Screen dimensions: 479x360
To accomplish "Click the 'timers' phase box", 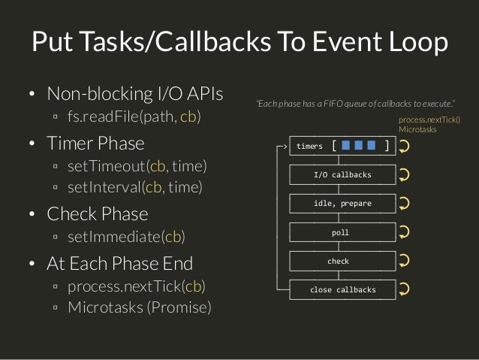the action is point(342,146).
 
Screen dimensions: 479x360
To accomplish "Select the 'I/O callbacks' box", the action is point(342,175).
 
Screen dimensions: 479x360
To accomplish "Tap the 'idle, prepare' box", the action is point(342,204).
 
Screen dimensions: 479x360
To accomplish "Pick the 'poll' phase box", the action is point(342,232).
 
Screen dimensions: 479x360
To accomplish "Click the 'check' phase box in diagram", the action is point(342,261).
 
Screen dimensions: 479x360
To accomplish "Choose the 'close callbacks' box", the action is point(342,289).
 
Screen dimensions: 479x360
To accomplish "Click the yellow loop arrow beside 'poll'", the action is point(404,233).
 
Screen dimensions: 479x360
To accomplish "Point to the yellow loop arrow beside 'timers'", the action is point(404,147).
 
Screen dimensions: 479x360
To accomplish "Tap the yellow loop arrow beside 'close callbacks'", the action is point(404,290).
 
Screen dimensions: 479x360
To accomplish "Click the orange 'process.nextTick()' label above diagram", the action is point(428,119).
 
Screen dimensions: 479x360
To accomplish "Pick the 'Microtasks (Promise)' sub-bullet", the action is point(140,307).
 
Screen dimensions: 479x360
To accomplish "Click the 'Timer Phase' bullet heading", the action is point(95,142).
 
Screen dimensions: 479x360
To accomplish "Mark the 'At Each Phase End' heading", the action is point(119,263).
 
